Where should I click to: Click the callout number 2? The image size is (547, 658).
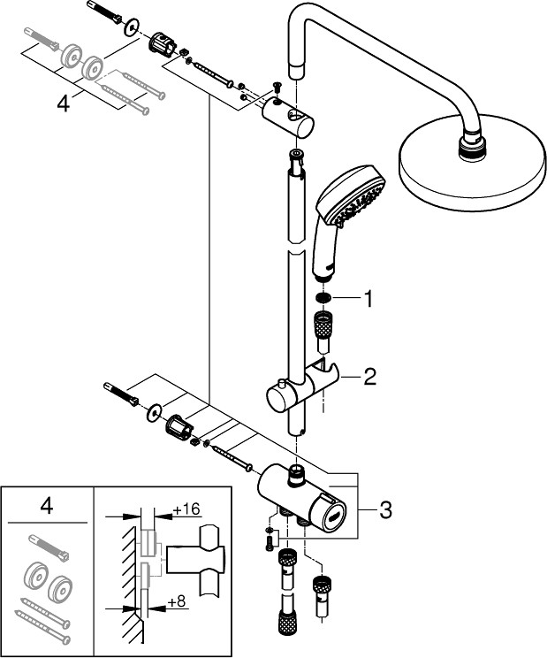click(x=370, y=378)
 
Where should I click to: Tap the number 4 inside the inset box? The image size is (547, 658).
click(x=47, y=507)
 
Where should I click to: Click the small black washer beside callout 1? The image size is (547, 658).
click(x=324, y=299)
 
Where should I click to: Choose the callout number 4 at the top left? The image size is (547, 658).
click(x=63, y=103)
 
